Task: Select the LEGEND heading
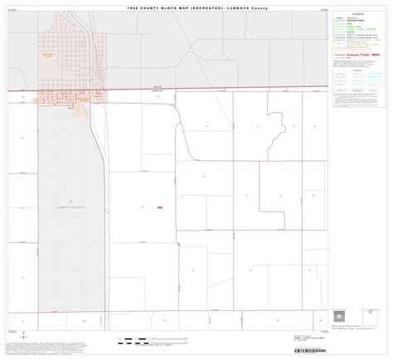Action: point(359,15)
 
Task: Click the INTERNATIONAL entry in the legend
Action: point(349,24)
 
